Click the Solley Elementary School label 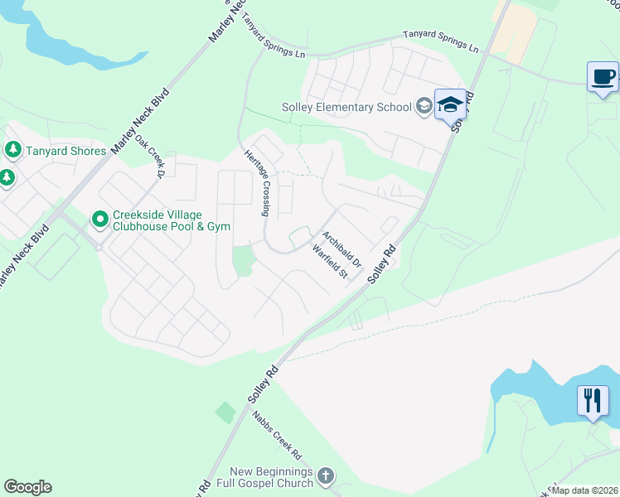pyautogui.click(x=346, y=106)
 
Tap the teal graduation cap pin pyautogui.click(x=450, y=104)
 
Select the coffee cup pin pyautogui.click(x=603, y=77)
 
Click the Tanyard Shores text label pyautogui.click(x=66, y=151)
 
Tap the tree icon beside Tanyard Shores pyautogui.click(x=12, y=150)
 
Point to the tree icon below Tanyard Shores pyautogui.click(x=7, y=177)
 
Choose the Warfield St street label pyautogui.click(x=329, y=260)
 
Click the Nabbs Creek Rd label pyautogui.click(x=278, y=434)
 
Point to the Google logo pyautogui.click(x=27, y=487)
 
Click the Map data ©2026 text pyautogui.click(x=584, y=490)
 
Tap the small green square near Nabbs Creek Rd pyautogui.click(x=225, y=412)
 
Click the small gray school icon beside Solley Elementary pyautogui.click(x=424, y=105)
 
